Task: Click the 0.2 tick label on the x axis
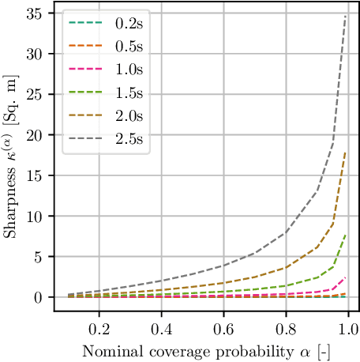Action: coord(99,326)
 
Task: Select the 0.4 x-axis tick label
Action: coord(162,326)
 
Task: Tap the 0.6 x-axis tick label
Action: coord(224,326)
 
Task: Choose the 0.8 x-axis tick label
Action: coord(287,326)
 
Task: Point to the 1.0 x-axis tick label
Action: coord(349,326)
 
